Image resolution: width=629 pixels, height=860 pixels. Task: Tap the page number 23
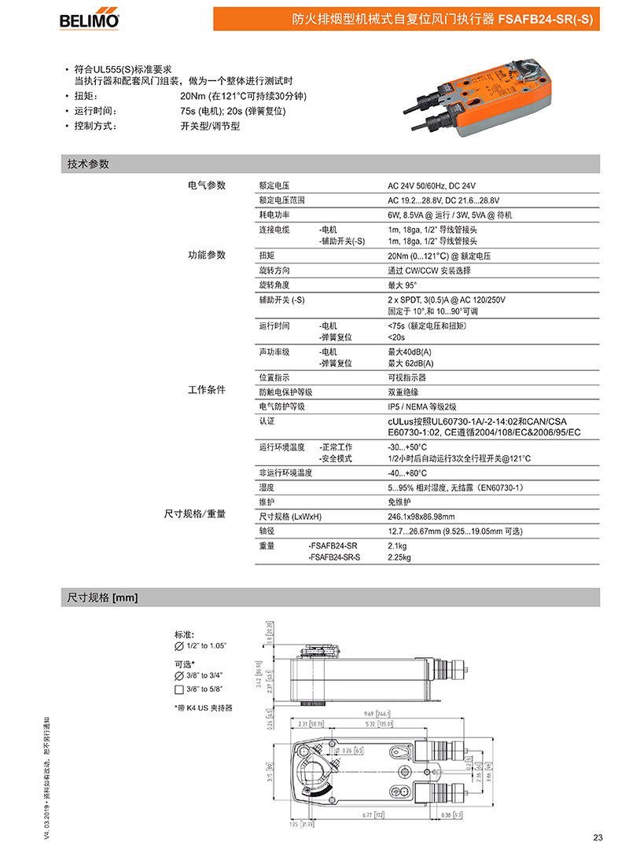coord(598,837)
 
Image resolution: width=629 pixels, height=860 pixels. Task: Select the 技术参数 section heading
coord(88,164)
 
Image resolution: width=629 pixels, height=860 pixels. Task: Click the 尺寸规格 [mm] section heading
coord(102,597)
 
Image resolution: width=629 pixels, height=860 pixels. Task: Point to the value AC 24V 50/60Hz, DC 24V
coord(432,186)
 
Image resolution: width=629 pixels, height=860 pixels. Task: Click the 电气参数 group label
coord(206,186)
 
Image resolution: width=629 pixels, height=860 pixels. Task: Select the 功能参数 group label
coord(206,255)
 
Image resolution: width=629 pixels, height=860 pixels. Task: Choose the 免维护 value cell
coord(399,502)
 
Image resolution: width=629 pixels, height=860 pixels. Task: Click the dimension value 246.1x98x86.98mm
coord(421,516)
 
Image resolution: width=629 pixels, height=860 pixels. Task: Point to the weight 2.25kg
coord(399,557)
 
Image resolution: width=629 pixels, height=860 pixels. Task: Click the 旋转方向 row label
coord(275,270)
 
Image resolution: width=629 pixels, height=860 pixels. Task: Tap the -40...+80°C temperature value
coord(407,472)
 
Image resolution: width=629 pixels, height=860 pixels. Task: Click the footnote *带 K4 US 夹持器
coord(204,707)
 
